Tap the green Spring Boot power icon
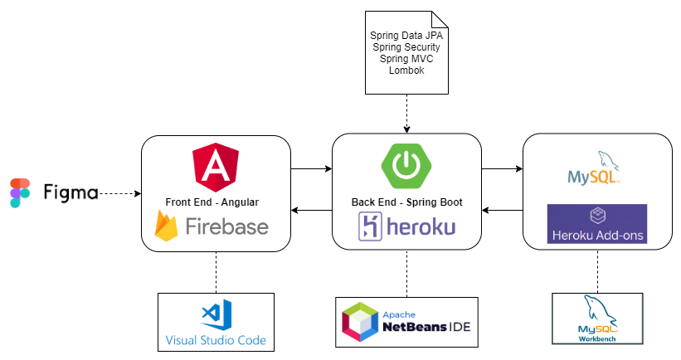pyautogui.click(x=406, y=164)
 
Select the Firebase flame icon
pyautogui.click(x=168, y=226)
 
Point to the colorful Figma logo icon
pyautogui.click(x=19, y=193)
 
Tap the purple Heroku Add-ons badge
pyautogui.click(x=597, y=224)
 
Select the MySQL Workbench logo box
pyautogui.click(x=597, y=319)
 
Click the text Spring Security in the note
pyautogui.click(x=406, y=48)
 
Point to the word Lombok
pyautogui.click(x=406, y=71)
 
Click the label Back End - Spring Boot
pyautogui.click(x=406, y=202)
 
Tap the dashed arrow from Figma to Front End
pyautogui.click(x=119, y=194)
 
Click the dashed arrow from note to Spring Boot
pyautogui.click(x=406, y=112)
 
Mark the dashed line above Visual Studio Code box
pyautogui.click(x=216, y=270)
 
